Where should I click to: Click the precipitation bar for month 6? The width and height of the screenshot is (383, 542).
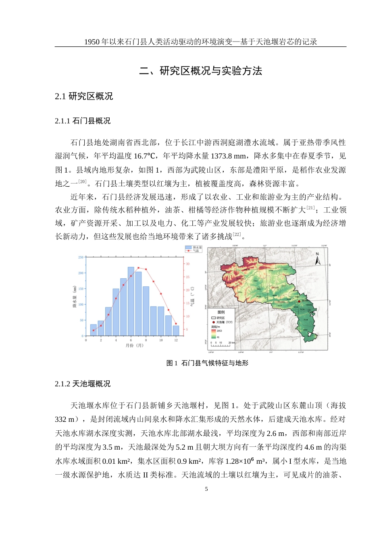(131, 301)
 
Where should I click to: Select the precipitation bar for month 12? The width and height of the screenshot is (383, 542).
(176, 331)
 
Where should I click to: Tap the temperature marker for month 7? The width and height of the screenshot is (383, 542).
(138, 268)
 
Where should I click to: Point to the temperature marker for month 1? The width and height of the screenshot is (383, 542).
(94, 330)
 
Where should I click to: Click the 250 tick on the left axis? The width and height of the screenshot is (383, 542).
(81, 257)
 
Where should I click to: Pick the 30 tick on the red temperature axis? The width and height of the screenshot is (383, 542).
(187, 264)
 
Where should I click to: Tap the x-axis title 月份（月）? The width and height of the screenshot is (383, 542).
(134, 345)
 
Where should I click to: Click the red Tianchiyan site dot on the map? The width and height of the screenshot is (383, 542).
(299, 301)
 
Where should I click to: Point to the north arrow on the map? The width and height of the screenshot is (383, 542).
(317, 259)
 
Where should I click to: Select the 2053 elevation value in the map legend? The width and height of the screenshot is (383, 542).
(219, 331)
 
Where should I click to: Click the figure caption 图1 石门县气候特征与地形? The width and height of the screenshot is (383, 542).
(207, 363)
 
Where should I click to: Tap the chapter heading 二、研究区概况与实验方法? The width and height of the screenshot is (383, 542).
(200, 71)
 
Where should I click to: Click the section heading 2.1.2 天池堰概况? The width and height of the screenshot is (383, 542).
(83, 384)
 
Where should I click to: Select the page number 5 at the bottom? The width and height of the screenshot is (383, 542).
(206, 489)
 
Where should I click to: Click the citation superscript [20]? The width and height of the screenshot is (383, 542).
(82, 182)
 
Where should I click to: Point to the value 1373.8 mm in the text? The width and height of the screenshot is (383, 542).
(229, 156)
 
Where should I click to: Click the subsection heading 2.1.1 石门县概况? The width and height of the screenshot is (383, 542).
(83, 121)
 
